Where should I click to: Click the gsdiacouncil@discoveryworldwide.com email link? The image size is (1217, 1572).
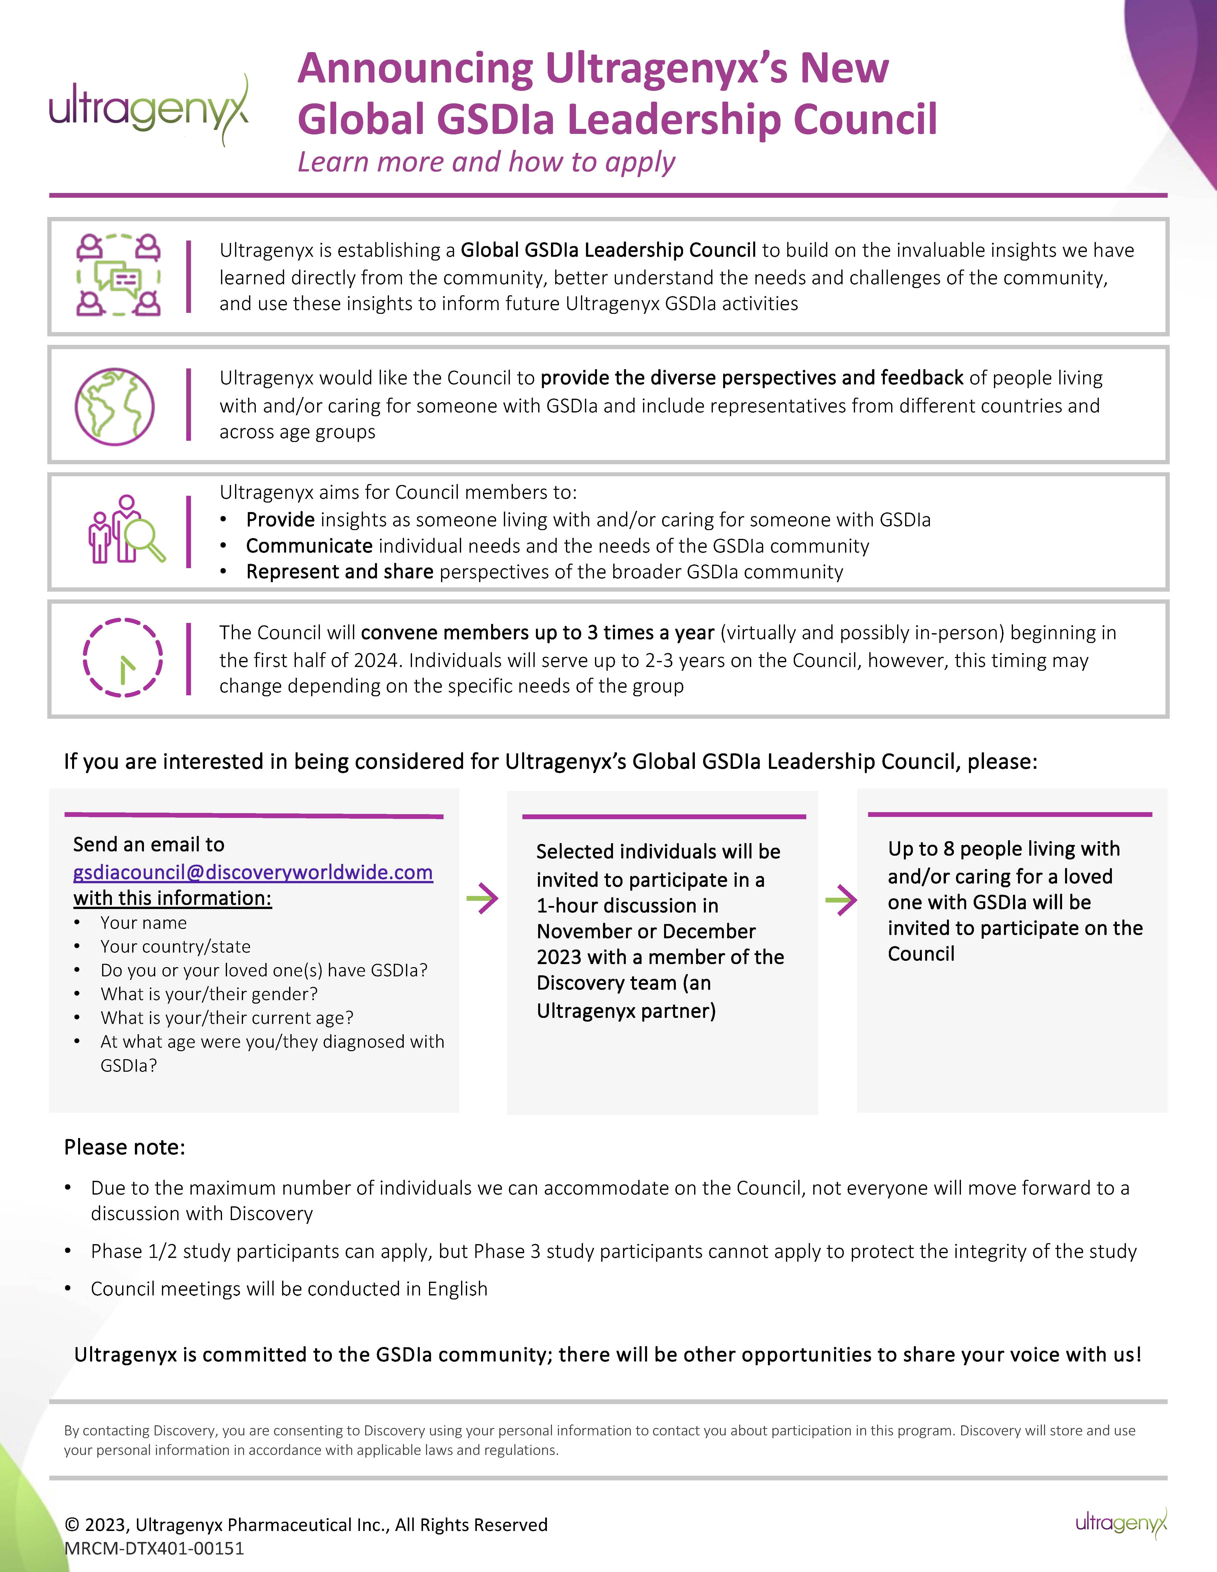coord(253,872)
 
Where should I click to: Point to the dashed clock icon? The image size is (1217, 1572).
coord(122,657)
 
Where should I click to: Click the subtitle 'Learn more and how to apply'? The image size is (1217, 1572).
coord(487,163)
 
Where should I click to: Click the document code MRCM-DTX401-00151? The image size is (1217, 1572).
coord(154,1548)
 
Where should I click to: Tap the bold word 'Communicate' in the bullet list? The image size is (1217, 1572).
coord(309,546)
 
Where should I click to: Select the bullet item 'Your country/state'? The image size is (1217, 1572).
coord(176,947)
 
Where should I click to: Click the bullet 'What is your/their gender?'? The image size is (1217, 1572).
coord(209,994)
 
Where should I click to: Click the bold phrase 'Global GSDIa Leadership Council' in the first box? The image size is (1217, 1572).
coord(608,251)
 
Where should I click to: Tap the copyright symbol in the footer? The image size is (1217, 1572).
coord(72,1524)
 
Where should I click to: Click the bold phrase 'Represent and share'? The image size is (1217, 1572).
coord(340,572)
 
